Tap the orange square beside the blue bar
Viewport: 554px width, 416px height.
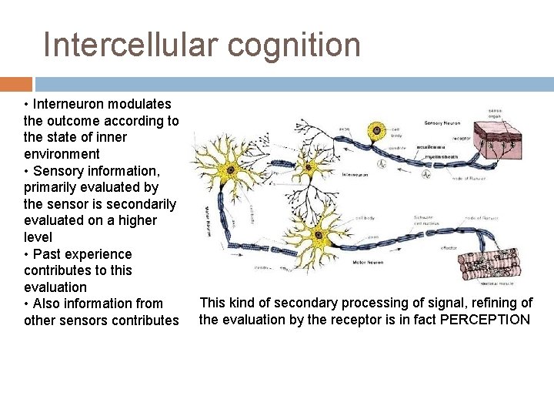tap(15, 84)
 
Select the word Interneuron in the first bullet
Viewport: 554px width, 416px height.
tap(72, 104)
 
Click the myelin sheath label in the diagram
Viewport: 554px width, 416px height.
tap(444, 156)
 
